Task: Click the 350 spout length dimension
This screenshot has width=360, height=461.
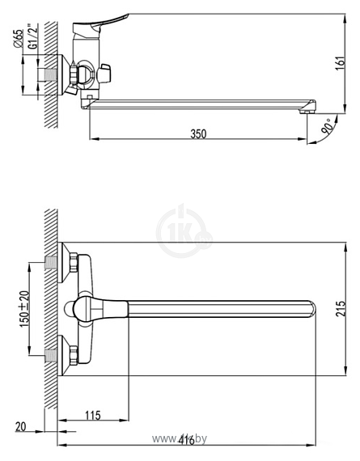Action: (x=198, y=133)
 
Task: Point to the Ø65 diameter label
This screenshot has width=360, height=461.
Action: (x=19, y=40)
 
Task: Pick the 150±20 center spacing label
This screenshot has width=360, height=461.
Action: (x=25, y=308)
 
